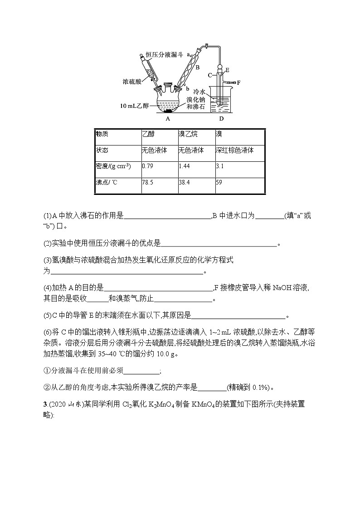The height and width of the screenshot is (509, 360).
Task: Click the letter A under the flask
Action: click(x=168, y=119)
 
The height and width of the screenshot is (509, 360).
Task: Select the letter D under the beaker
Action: click(x=221, y=119)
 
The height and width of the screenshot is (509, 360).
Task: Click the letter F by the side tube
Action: click(x=238, y=82)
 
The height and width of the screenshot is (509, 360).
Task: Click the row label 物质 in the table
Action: click(x=102, y=135)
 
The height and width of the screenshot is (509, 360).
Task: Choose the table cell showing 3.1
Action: click(x=220, y=166)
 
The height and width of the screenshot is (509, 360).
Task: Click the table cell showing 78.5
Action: click(x=148, y=183)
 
